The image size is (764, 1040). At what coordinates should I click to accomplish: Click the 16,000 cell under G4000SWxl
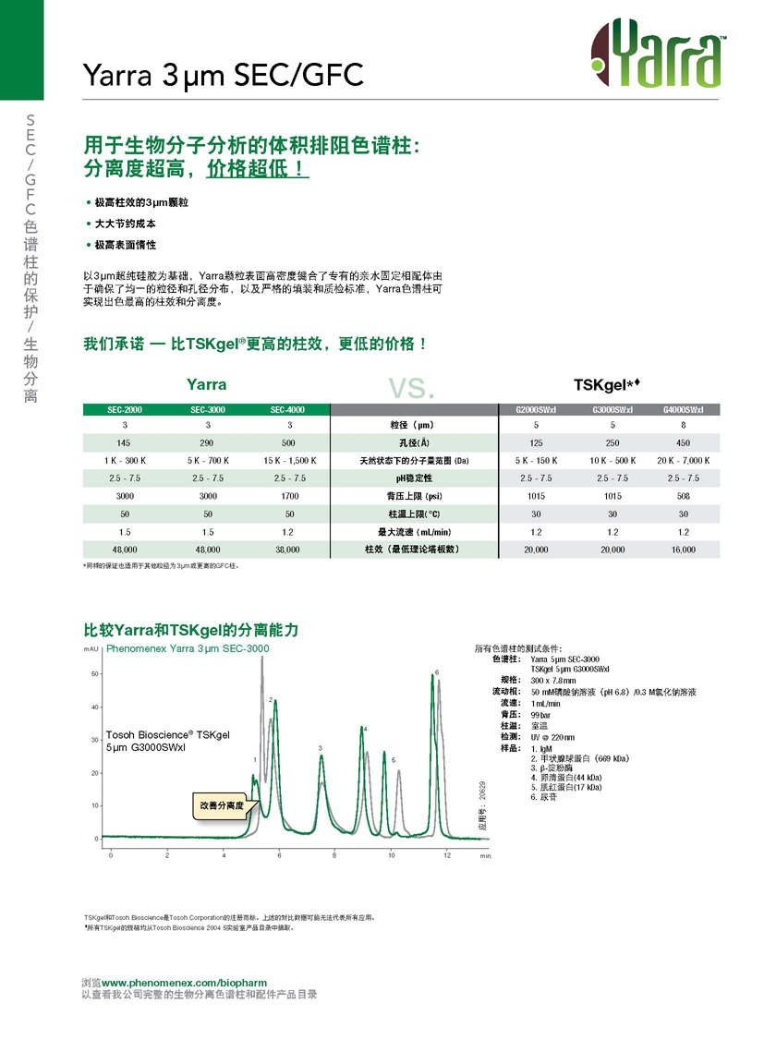[x=684, y=550]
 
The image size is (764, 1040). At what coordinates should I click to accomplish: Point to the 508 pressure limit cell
[x=684, y=496]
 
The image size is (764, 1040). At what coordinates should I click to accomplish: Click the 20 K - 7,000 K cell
[x=684, y=460]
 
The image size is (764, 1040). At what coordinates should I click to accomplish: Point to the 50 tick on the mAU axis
[x=94, y=674]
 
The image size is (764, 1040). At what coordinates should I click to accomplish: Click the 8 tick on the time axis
[x=335, y=855]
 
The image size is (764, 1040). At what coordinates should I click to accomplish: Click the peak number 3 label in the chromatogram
[x=320, y=747]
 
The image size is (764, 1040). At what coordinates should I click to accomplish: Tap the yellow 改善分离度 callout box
[x=222, y=805]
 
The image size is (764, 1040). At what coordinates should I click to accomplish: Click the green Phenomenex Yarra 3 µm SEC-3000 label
[x=188, y=649]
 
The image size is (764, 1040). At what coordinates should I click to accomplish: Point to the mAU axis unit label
[x=91, y=649]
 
